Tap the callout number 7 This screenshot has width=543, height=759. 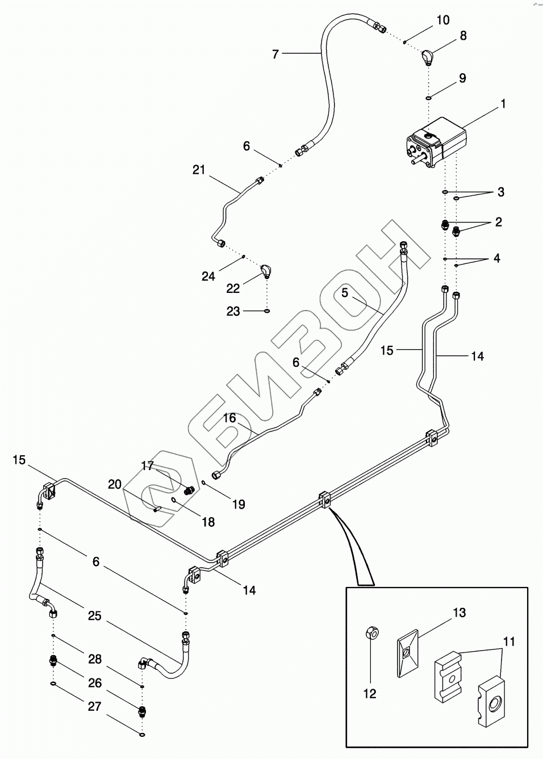[275, 54]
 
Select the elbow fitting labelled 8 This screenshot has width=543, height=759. [427, 57]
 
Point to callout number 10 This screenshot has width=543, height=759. [442, 20]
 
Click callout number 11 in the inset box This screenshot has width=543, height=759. [509, 641]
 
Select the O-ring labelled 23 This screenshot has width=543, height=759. [267, 311]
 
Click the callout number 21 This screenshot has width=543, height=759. [198, 169]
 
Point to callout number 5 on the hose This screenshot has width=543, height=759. [345, 293]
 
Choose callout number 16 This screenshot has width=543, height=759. [229, 418]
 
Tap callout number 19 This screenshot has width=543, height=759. [239, 504]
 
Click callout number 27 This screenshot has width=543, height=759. [95, 706]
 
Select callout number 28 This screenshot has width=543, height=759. [95, 659]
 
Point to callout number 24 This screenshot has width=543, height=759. [208, 276]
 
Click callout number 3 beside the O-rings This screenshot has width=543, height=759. [500, 192]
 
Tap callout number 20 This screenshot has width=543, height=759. [115, 484]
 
